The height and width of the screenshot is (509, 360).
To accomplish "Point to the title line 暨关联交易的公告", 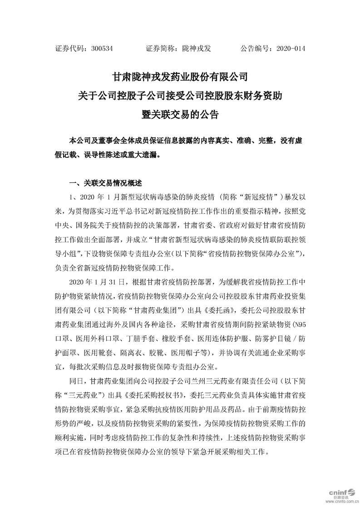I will point(180,114).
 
